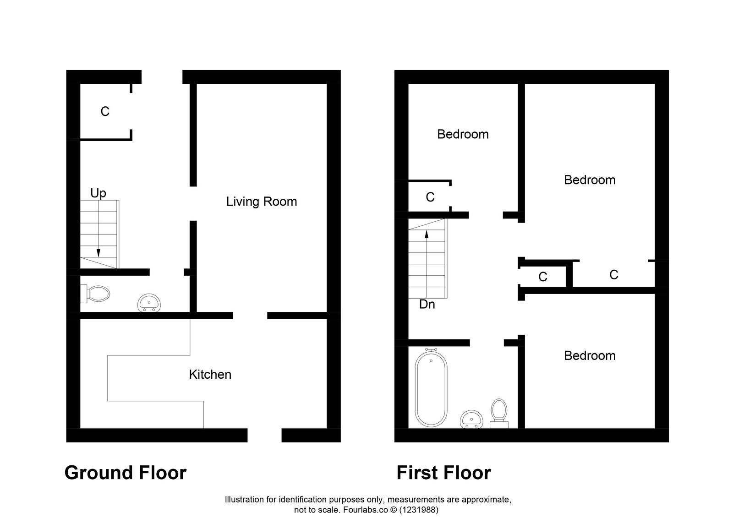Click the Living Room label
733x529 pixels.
261,202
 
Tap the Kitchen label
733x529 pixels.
210,375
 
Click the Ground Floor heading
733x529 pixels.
125,473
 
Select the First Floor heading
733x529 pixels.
443,473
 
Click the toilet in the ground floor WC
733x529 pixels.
97,293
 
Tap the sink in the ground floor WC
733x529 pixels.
149,303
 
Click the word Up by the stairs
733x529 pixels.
98,193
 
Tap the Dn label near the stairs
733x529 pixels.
427,304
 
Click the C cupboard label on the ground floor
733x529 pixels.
105,111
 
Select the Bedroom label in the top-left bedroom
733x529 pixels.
463,134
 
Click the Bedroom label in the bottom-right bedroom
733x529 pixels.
589,355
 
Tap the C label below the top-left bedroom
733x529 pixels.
430,197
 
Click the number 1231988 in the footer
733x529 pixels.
418,510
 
